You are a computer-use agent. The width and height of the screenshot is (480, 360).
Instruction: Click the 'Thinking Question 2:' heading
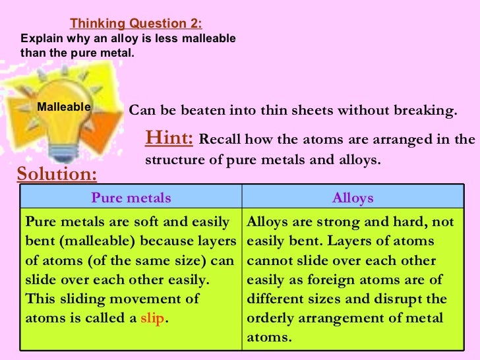pyautogui.click(x=136, y=24)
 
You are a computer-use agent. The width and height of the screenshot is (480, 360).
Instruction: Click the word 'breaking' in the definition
pyautogui.click(x=426, y=110)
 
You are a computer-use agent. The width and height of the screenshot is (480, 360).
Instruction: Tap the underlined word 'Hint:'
pyautogui.click(x=169, y=138)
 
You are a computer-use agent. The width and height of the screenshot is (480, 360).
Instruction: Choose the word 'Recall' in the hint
pyautogui.click(x=222, y=140)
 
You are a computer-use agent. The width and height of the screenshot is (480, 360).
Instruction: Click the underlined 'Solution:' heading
pyautogui.click(x=57, y=175)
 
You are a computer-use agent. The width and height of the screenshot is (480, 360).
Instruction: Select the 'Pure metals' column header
pyautogui.click(x=131, y=198)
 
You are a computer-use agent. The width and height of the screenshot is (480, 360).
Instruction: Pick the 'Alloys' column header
pyautogui.click(x=353, y=198)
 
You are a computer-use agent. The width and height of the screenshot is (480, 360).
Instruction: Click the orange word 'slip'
pyautogui.click(x=152, y=318)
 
